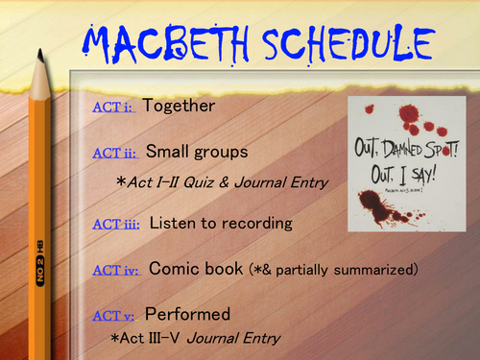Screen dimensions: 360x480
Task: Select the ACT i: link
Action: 114,108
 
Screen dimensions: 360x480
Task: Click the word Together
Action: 179,107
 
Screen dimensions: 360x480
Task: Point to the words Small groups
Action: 198,151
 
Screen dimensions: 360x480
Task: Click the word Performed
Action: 188,314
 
